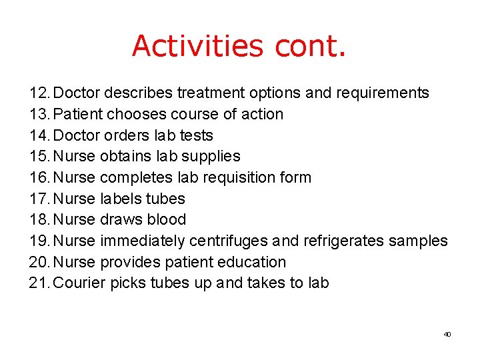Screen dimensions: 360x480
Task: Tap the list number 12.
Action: pos(39,93)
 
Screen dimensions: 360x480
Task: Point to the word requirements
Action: pos(385,93)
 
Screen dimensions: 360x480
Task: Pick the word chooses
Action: pos(135,114)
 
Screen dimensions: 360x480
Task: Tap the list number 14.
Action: pos(39,135)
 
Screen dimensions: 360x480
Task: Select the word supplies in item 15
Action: pos(213,157)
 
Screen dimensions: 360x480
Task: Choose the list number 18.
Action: pos(39,219)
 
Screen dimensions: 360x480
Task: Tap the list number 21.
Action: pos(39,283)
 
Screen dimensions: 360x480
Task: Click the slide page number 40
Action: pos(447,334)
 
